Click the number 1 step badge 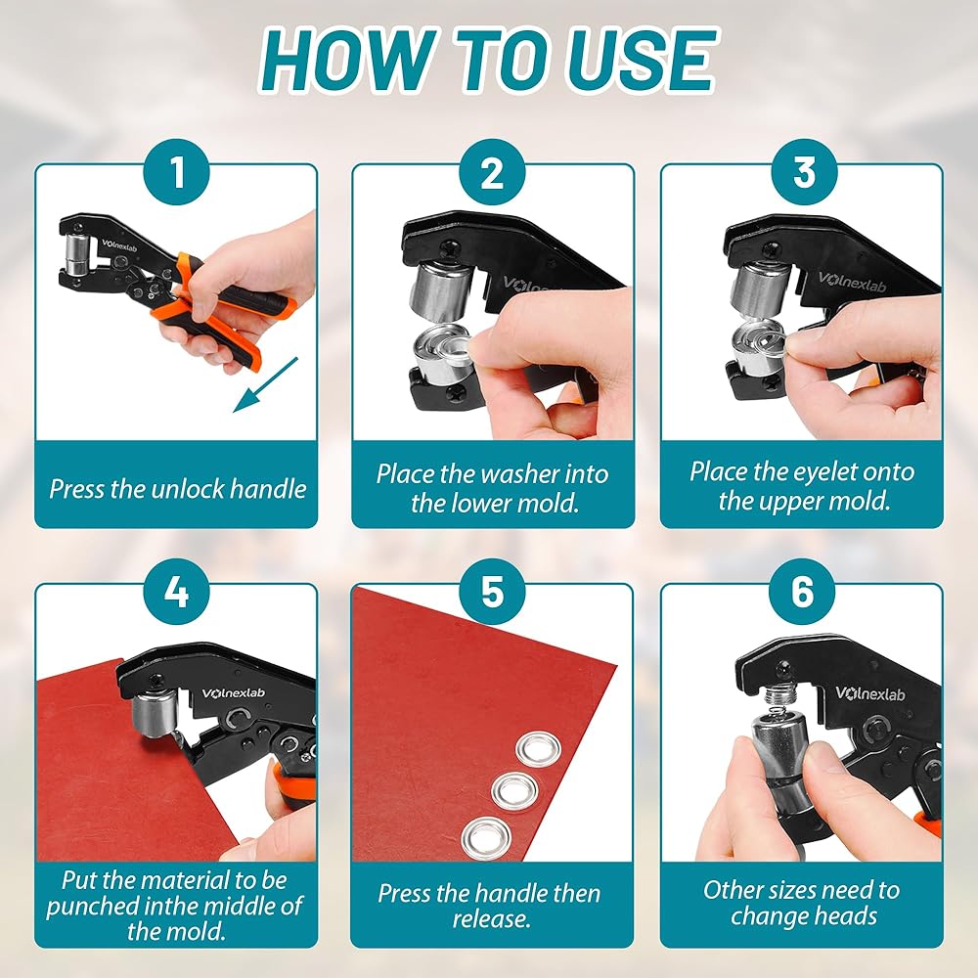pyautogui.click(x=178, y=172)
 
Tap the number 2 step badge pyautogui.click(x=492, y=172)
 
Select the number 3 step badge pyautogui.click(x=803, y=172)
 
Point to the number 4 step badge pyautogui.click(x=176, y=592)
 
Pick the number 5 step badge pyautogui.click(x=492, y=592)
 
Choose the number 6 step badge pyautogui.click(x=802, y=592)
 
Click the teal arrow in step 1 pyautogui.click(x=265, y=384)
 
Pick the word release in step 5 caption pyautogui.click(x=492, y=918)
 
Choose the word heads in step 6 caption pyautogui.click(x=846, y=916)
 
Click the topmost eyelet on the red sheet pyautogui.click(x=539, y=749)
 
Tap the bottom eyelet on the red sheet pyautogui.click(x=486, y=836)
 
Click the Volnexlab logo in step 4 pyautogui.click(x=234, y=693)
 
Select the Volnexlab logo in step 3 pyautogui.click(x=852, y=281)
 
